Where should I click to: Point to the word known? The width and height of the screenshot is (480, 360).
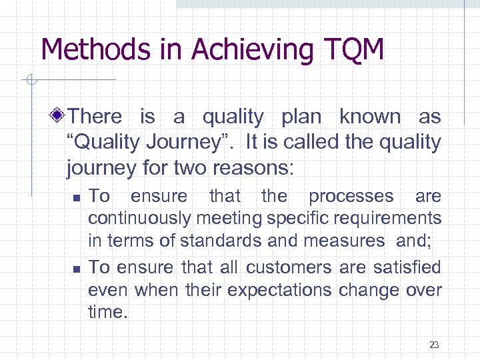click(x=370, y=117)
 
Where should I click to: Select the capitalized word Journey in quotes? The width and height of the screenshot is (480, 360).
click(x=193, y=143)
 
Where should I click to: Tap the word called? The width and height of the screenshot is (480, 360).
click(x=323, y=142)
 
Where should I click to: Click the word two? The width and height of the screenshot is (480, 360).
click(x=181, y=168)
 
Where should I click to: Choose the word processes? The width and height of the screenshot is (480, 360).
click(x=351, y=197)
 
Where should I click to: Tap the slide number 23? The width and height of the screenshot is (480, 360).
click(x=434, y=345)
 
